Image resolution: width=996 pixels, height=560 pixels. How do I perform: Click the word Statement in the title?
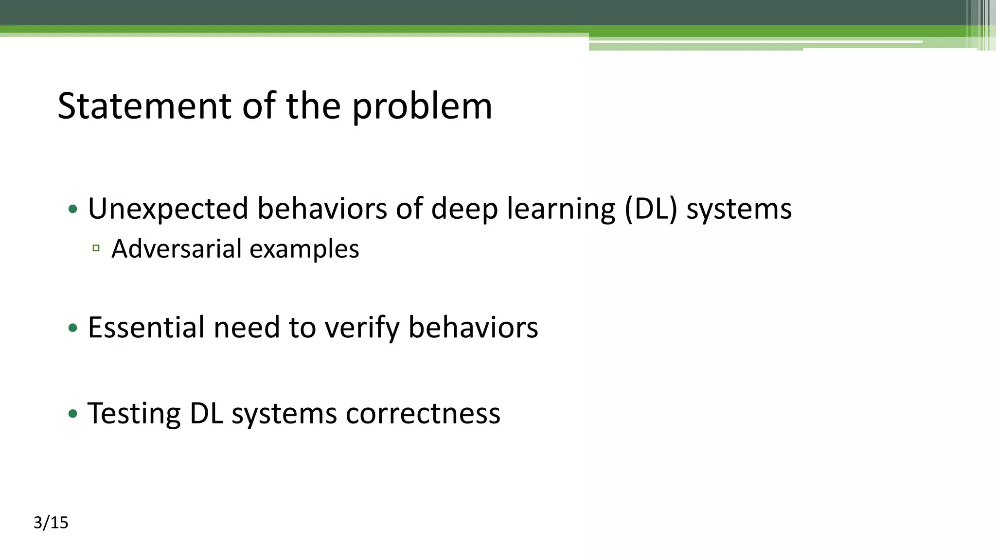pos(144,106)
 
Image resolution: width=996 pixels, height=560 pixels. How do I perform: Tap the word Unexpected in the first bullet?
pos(168,209)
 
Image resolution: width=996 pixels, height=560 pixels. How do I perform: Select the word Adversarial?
pos(177,249)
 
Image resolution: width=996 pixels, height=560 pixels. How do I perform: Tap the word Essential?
pos(146,327)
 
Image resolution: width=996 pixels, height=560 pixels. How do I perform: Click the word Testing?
pos(134,414)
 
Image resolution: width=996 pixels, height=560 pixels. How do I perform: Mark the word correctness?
pos(423,414)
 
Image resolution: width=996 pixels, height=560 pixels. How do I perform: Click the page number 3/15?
pos(51,523)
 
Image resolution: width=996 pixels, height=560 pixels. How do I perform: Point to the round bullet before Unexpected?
pos(73,210)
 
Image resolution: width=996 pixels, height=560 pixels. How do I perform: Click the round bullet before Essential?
pos(73,328)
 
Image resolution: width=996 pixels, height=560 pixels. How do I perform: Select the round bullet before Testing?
pos(73,414)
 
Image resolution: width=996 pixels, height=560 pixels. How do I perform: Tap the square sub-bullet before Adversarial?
pos(96,248)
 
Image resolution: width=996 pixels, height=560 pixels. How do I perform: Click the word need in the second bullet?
pos(247,327)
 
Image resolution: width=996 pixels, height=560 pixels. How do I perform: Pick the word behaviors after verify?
pos(473,327)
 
